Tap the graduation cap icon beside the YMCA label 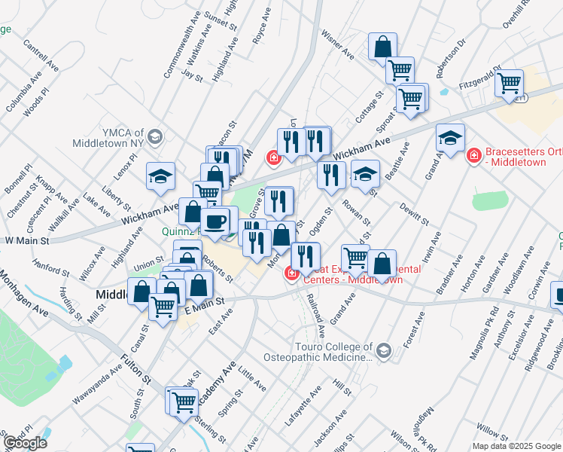pos(155,137)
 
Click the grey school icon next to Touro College pos(384,351)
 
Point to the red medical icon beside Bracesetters pos(474,157)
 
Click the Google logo pos(26,443)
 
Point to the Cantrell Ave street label pos(41,56)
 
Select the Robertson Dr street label pos(456,49)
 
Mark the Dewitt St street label pos(413,214)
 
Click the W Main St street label pos(26,240)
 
